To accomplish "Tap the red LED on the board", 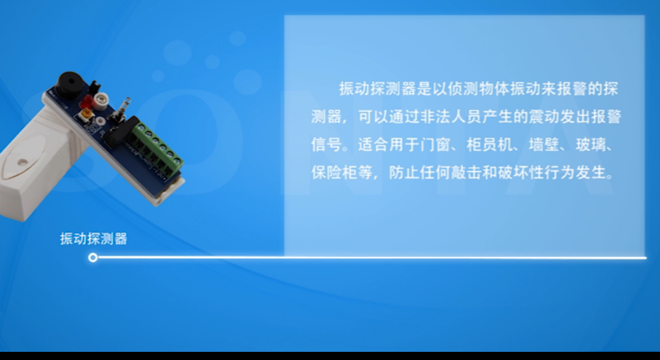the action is coord(87,101).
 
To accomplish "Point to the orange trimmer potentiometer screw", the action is coord(86,114).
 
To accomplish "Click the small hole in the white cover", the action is coord(21,162).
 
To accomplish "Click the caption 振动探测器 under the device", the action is coord(94,239).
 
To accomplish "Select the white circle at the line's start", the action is coord(93,257).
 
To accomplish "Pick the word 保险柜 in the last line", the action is coord(334,172).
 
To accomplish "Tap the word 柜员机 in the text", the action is coord(490,144).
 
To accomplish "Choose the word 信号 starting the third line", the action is coord(327,144).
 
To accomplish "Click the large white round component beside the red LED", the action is coord(101,100).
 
